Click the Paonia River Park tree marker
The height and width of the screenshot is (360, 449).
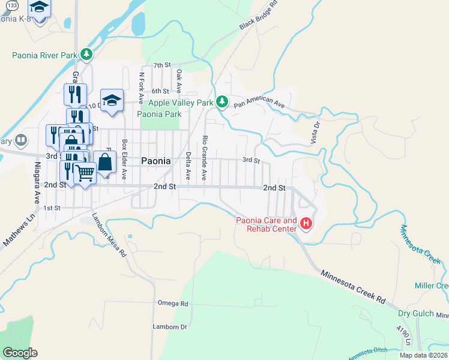[87, 55]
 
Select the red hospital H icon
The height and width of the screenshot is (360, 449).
[307, 224]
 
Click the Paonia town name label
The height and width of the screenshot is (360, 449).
[156, 161]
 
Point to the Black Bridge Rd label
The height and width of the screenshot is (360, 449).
[258, 16]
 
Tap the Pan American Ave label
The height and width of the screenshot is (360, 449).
[259, 103]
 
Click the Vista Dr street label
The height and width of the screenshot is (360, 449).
[315, 131]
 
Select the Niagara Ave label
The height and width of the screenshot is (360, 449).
[37, 181]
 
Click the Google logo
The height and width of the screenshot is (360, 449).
[20, 353]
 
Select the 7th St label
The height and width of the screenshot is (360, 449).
[162, 65]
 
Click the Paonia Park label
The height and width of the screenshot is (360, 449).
[159, 114]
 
